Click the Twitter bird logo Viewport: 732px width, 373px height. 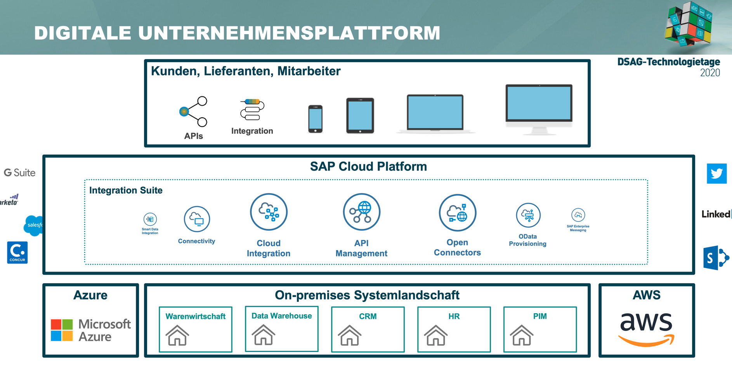[x=716, y=173]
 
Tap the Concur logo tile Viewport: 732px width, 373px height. [x=17, y=253]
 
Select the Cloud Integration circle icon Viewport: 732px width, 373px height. [x=269, y=212]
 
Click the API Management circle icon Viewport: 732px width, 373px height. [x=361, y=212]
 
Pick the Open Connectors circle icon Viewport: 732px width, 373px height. [x=457, y=213]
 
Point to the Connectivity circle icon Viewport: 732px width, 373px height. [x=197, y=219]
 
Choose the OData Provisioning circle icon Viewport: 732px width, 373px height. [x=528, y=215]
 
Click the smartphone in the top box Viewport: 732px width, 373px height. [x=315, y=119]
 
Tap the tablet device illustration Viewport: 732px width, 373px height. [x=360, y=115]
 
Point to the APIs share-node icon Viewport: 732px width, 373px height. [x=194, y=112]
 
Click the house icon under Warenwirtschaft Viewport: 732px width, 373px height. [x=177, y=335]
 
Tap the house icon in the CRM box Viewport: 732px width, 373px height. [x=350, y=335]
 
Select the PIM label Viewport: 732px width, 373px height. [x=540, y=316]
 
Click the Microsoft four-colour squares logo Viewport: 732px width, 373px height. [x=62, y=330]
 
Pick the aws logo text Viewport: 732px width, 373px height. [x=646, y=322]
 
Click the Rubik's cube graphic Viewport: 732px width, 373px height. [x=688, y=23]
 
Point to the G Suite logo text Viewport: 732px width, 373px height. [x=20, y=173]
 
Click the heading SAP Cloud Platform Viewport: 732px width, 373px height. [x=368, y=167]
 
